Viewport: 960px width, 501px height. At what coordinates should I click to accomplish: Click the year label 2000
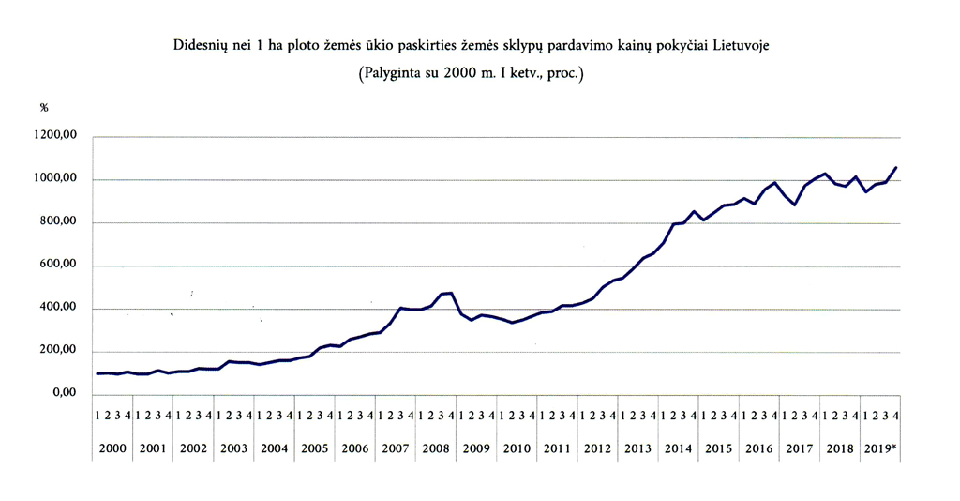[x=112, y=449]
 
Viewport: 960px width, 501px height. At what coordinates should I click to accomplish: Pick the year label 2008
[x=436, y=449]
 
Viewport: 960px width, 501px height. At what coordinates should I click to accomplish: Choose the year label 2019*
[x=880, y=449]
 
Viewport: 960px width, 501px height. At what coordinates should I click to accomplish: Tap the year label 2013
[x=637, y=449]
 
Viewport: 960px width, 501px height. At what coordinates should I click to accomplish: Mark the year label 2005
[x=315, y=449]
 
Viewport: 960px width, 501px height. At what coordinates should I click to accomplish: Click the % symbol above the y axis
[x=43, y=108]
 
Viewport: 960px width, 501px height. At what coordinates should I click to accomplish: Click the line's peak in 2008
[x=451, y=293]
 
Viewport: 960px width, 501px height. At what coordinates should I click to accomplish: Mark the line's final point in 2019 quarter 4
[x=896, y=168]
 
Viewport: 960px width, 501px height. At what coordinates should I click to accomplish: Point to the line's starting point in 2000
[x=97, y=373]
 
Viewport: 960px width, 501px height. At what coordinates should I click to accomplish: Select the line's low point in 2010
[x=512, y=323]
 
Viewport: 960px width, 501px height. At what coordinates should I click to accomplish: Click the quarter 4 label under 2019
[x=896, y=415]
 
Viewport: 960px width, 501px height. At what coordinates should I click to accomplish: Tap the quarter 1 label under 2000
[x=97, y=415]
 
